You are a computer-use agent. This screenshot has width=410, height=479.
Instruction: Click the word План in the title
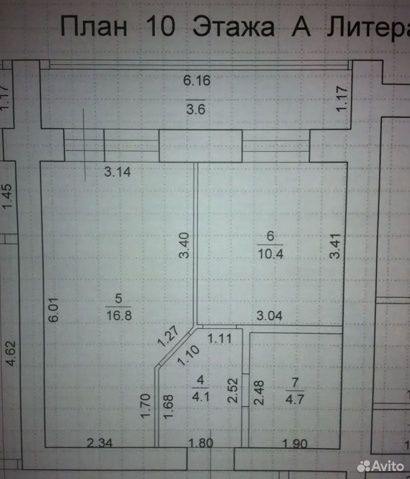tap(94, 26)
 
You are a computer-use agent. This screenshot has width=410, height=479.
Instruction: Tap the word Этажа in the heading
tap(234, 26)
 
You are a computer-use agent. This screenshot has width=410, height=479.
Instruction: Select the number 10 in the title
tap(161, 26)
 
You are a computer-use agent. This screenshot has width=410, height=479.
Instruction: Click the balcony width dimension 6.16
tap(197, 80)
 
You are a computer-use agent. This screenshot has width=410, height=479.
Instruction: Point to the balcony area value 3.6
tap(196, 109)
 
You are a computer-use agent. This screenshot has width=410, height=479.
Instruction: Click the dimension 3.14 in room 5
tap(118, 172)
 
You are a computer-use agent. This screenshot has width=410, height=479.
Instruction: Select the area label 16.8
tap(119, 315)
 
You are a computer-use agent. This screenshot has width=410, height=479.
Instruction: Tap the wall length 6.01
tap(54, 310)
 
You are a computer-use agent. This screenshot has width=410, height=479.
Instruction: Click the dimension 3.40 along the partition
tap(184, 245)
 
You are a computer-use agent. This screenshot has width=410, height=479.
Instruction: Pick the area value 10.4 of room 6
tap(271, 253)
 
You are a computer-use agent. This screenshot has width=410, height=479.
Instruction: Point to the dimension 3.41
tap(335, 246)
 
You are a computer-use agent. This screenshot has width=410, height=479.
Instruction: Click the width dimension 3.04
tap(270, 315)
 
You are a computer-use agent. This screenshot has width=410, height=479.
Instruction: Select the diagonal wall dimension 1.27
tap(168, 336)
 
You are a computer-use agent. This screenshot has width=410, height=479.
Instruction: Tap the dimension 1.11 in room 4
tap(220, 338)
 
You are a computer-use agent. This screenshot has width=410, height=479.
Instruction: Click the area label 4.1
tap(200, 397)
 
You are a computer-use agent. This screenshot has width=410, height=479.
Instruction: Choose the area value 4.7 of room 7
tap(295, 399)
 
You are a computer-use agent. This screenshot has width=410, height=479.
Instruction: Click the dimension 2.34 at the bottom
tap(100, 443)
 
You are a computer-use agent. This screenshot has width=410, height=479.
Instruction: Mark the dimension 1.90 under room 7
tap(295, 444)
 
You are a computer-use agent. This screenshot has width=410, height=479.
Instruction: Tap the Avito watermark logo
tap(381, 466)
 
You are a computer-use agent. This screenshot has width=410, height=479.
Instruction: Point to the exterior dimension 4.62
tap(11, 353)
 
